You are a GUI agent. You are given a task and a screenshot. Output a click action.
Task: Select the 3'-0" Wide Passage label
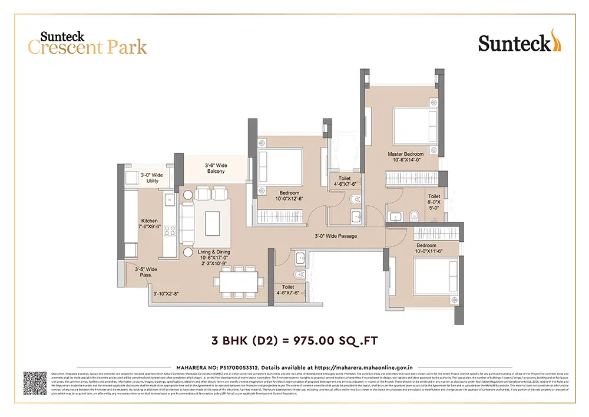(x=335, y=236)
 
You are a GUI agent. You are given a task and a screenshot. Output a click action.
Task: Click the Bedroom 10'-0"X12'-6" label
(x=289, y=196)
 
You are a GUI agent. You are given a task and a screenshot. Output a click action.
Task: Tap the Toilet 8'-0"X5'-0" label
(x=434, y=202)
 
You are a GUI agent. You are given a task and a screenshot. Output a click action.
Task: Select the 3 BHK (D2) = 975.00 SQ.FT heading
(x=294, y=341)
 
